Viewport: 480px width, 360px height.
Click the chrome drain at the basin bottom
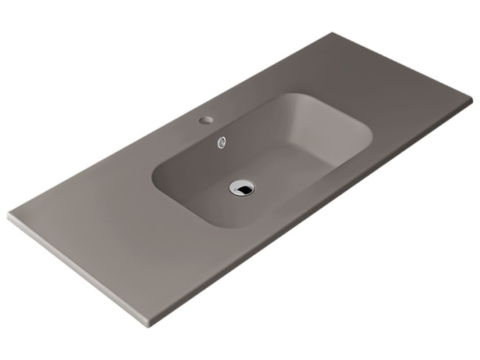click(242, 187)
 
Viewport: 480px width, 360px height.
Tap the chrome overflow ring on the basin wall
click(222, 141)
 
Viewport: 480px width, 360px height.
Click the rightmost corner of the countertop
click(472, 106)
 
